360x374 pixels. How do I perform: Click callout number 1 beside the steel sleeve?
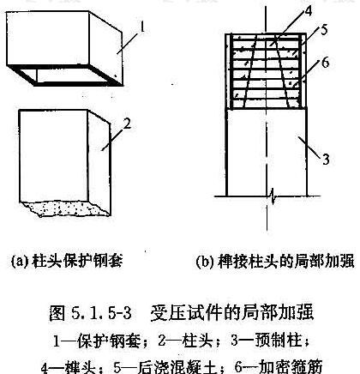pyautogui.click(x=141, y=27)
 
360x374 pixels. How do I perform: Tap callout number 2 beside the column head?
pyautogui.click(x=127, y=124)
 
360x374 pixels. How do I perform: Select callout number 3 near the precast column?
pyautogui.click(x=326, y=160)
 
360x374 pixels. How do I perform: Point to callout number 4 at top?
pyautogui.click(x=308, y=10)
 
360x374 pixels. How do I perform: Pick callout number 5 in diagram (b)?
pyautogui.click(x=324, y=30)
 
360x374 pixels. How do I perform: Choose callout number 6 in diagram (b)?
pyautogui.click(x=325, y=63)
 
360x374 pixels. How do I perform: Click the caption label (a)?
pyautogui.click(x=21, y=261)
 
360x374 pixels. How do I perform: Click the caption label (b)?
pyautogui.click(x=206, y=261)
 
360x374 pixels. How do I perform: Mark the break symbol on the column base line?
pyautogui.click(x=273, y=196)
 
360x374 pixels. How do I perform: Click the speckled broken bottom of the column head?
pyautogui.click(x=65, y=208)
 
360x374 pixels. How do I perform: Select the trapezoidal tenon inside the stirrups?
pyautogui.click(x=267, y=71)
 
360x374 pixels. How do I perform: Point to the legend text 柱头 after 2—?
pyautogui.click(x=197, y=341)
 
